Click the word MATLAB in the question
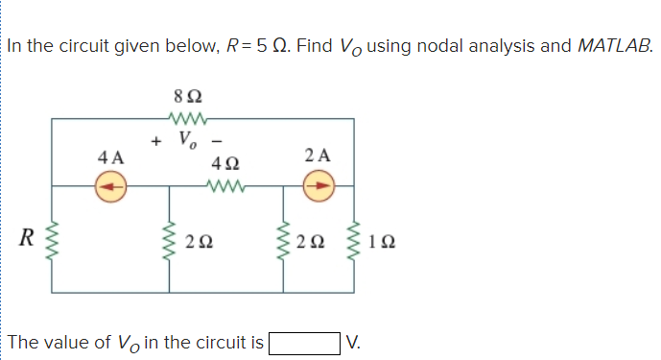[x=613, y=45]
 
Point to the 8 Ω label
[x=186, y=96]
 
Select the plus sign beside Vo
[x=155, y=142]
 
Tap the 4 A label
[x=110, y=156]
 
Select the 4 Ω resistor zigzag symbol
[x=226, y=186]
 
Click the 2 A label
[x=318, y=155]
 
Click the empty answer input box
[x=304, y=341]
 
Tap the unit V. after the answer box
[x=354, y=341]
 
